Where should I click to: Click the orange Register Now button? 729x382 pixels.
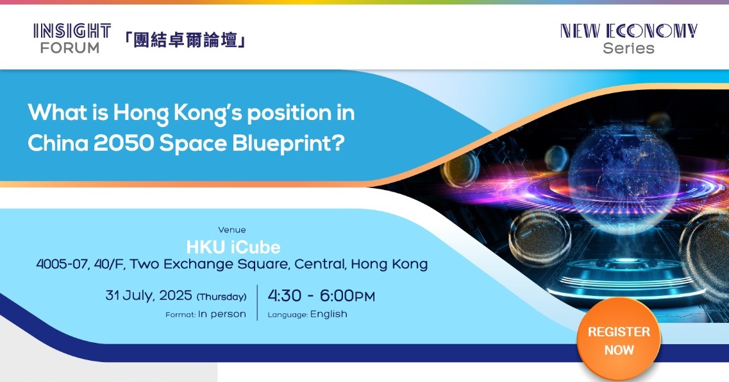pyautogui.click(x=618, y=340)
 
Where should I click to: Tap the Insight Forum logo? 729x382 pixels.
pyautogui.click(x=72, y=39)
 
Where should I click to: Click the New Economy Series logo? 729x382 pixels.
pyautogui.click(x=628, y=39)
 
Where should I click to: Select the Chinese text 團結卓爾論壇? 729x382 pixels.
pyautogui.click(x=185, y=40)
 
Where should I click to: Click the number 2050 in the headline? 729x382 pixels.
pyautogui.click(x=123, y=143)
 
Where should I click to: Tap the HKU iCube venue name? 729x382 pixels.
pyautogui.click(x=233, y=247)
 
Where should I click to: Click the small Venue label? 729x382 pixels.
pyautogui.click(x=232, y=230)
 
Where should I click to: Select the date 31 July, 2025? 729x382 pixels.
pyautogui.click(x=149, y=295)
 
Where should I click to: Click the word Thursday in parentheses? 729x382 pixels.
pyautogui.click(x=221, y=297)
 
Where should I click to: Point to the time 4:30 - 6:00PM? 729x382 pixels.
pyautogui.click(x=321, y=295)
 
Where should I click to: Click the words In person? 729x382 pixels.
pyautogui.click(x=222, y=315)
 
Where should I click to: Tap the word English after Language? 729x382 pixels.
pyautogui.click(x=329, y=314)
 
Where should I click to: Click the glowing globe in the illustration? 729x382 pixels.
pyautogui.click(x=623, y=172)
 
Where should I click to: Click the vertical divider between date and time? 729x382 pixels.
pyautogui.click(x=257, y=302)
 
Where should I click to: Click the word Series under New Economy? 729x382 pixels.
pyautogui.click(x=628, y=48)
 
